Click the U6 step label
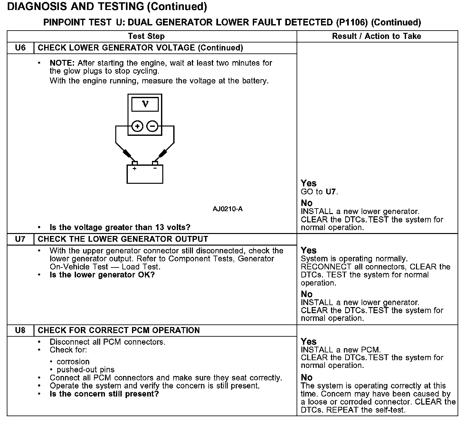point(20,48)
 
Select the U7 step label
point(20,239)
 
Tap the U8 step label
point(20,330)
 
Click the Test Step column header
point(146,36)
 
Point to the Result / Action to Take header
point(376,36)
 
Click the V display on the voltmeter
point(145,104)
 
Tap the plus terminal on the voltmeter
point(137,126)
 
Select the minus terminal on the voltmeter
point(152,126)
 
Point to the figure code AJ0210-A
point(228,209)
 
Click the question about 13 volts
point(120,227)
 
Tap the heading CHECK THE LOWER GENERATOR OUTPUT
point(123,239)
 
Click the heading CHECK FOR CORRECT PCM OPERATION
point(119,330)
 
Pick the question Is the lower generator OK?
point(102,275)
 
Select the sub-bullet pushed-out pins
point(85,370)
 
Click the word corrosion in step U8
point(73,361)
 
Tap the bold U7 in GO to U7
point(331,192)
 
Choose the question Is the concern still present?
point(104,394)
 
